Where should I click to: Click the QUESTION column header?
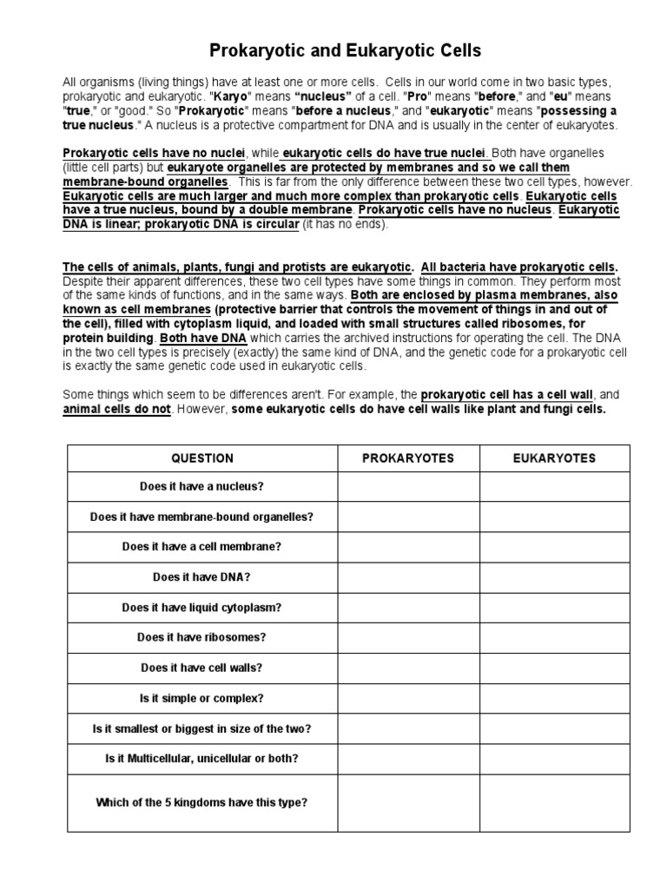pyautogui.click(x=202, y=458)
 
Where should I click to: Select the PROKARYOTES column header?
pyautogui.click(x=408, y=458)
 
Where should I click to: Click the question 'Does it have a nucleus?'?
pyautogui.click(x=202, y=487)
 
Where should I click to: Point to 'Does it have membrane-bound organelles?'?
pyautogui.click(x=202, y=517)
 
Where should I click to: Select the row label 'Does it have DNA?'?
pyautogui.click(x=202, y=576)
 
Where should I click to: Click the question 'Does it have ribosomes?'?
pyautogui.click(x=202, y=636)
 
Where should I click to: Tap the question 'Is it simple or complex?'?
pyautogui.click(x=202, y=697)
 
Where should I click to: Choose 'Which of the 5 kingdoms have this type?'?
pyautogui.click(x=202, y=803)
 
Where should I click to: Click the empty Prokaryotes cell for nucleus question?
pyautogui.click(x=408, y=487)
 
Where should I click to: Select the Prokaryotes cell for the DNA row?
pyautogui.click(x=408, y=576)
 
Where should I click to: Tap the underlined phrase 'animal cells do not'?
pyautogui.click(x=116, y=409)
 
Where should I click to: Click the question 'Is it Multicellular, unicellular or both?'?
pyautogui.click(x=202, y=758)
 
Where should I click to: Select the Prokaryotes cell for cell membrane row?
pyautogui.click(x=408, y=547)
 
